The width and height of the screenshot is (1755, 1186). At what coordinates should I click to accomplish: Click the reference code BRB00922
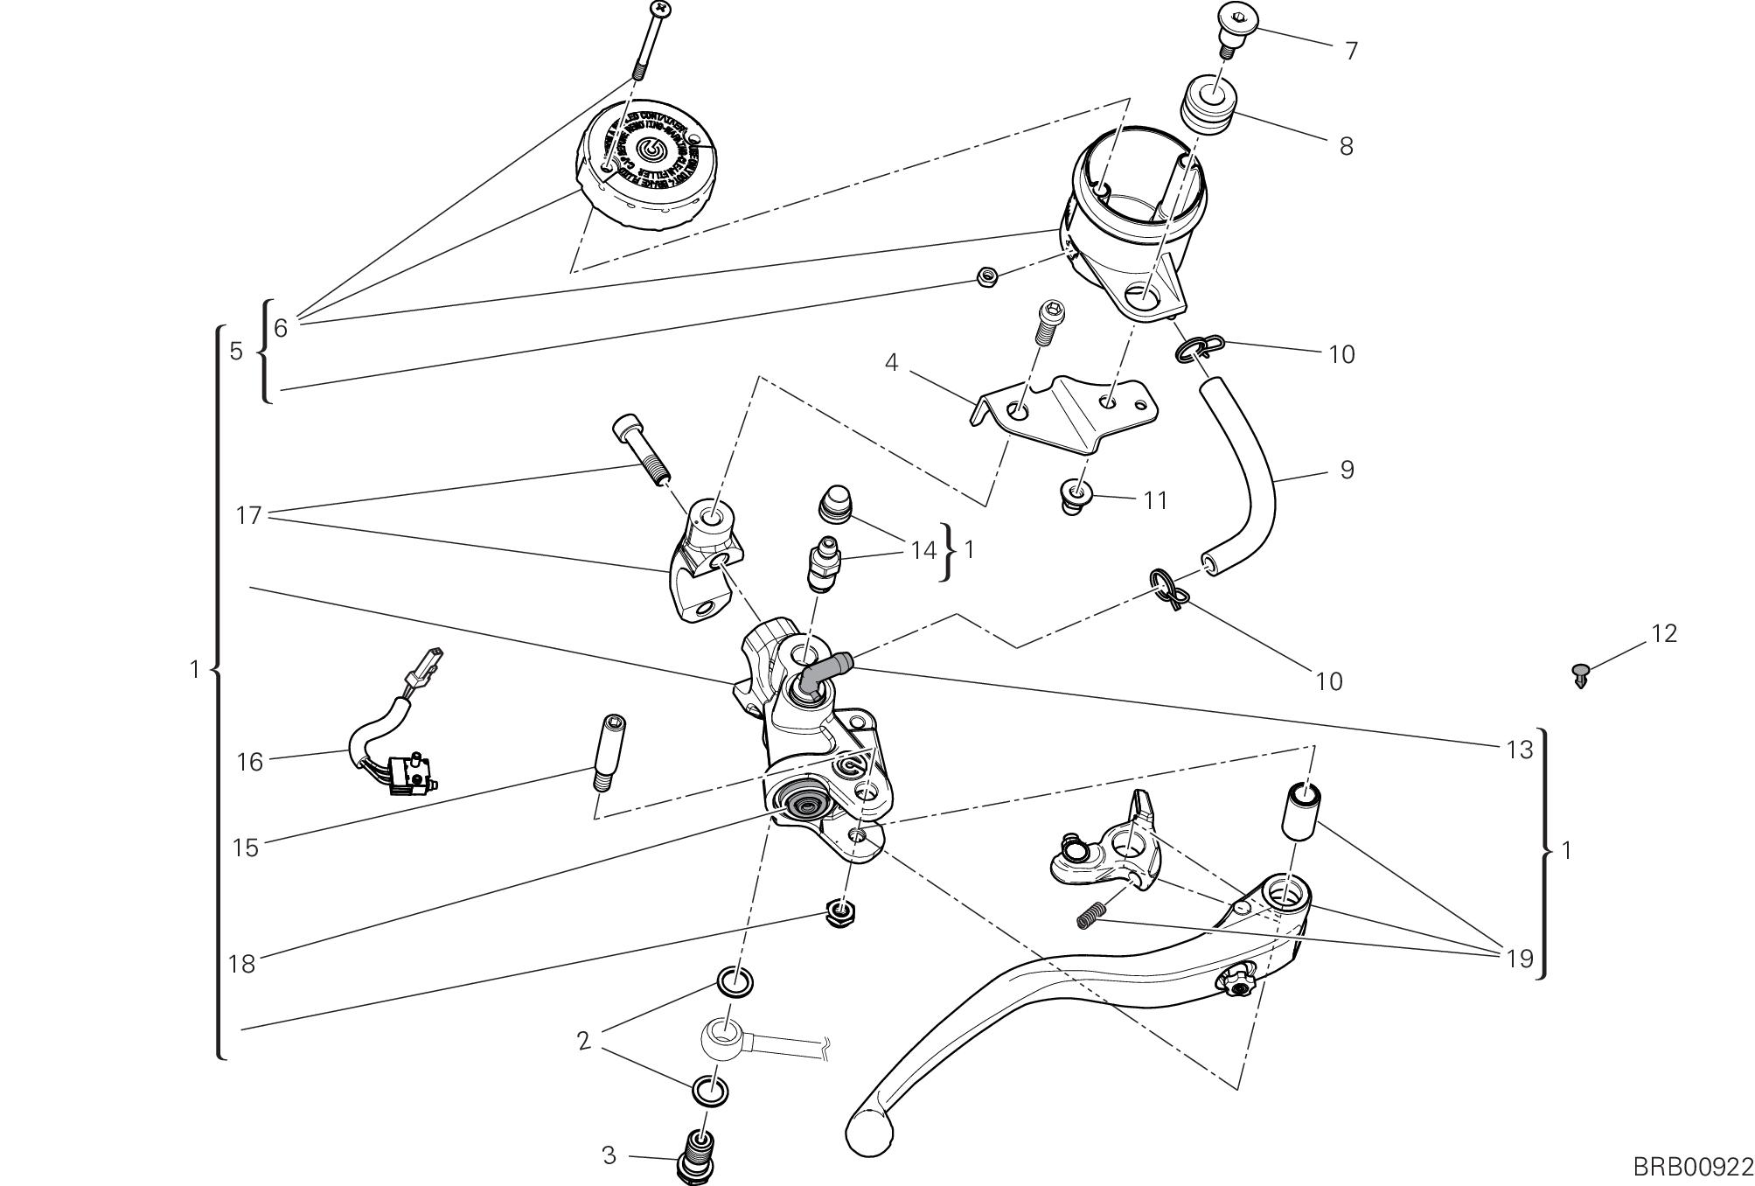(x=1692, y=1167)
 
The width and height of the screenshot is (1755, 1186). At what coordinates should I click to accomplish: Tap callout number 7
(x=1351, y=52)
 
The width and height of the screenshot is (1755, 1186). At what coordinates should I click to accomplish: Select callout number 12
(x=1663, y=634)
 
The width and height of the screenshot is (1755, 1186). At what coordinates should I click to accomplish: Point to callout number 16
(x=249, y=763)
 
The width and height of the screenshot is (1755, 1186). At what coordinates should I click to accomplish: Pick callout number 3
(x=609, y=1155)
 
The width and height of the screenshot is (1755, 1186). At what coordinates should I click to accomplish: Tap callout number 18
(x=241, y=964)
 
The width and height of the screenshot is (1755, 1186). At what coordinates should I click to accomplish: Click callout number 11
(x=1155, y=500)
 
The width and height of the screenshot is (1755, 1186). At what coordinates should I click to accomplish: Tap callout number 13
(x=1520, y=750)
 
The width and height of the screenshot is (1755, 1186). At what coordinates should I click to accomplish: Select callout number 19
(x=1520, y=959)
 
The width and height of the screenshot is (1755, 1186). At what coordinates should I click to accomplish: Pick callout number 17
(x=249, y=516)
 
